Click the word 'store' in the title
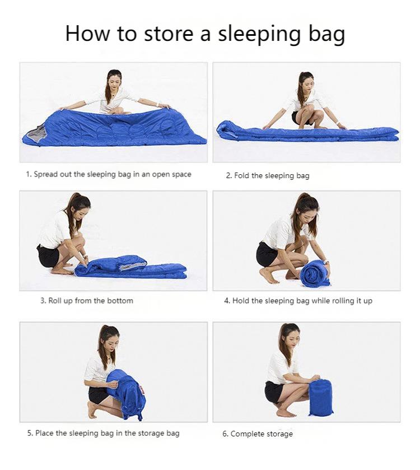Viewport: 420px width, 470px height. click(169, 33)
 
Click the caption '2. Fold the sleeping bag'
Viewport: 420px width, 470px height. click(268, 176)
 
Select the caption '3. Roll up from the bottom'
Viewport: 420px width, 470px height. click(87, 301)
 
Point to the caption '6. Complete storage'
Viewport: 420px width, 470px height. click(258, 434)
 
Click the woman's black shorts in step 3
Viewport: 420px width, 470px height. click(48, 256)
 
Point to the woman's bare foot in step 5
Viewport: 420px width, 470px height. click(92, 409)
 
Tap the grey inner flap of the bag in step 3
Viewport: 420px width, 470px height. click(133, 266)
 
